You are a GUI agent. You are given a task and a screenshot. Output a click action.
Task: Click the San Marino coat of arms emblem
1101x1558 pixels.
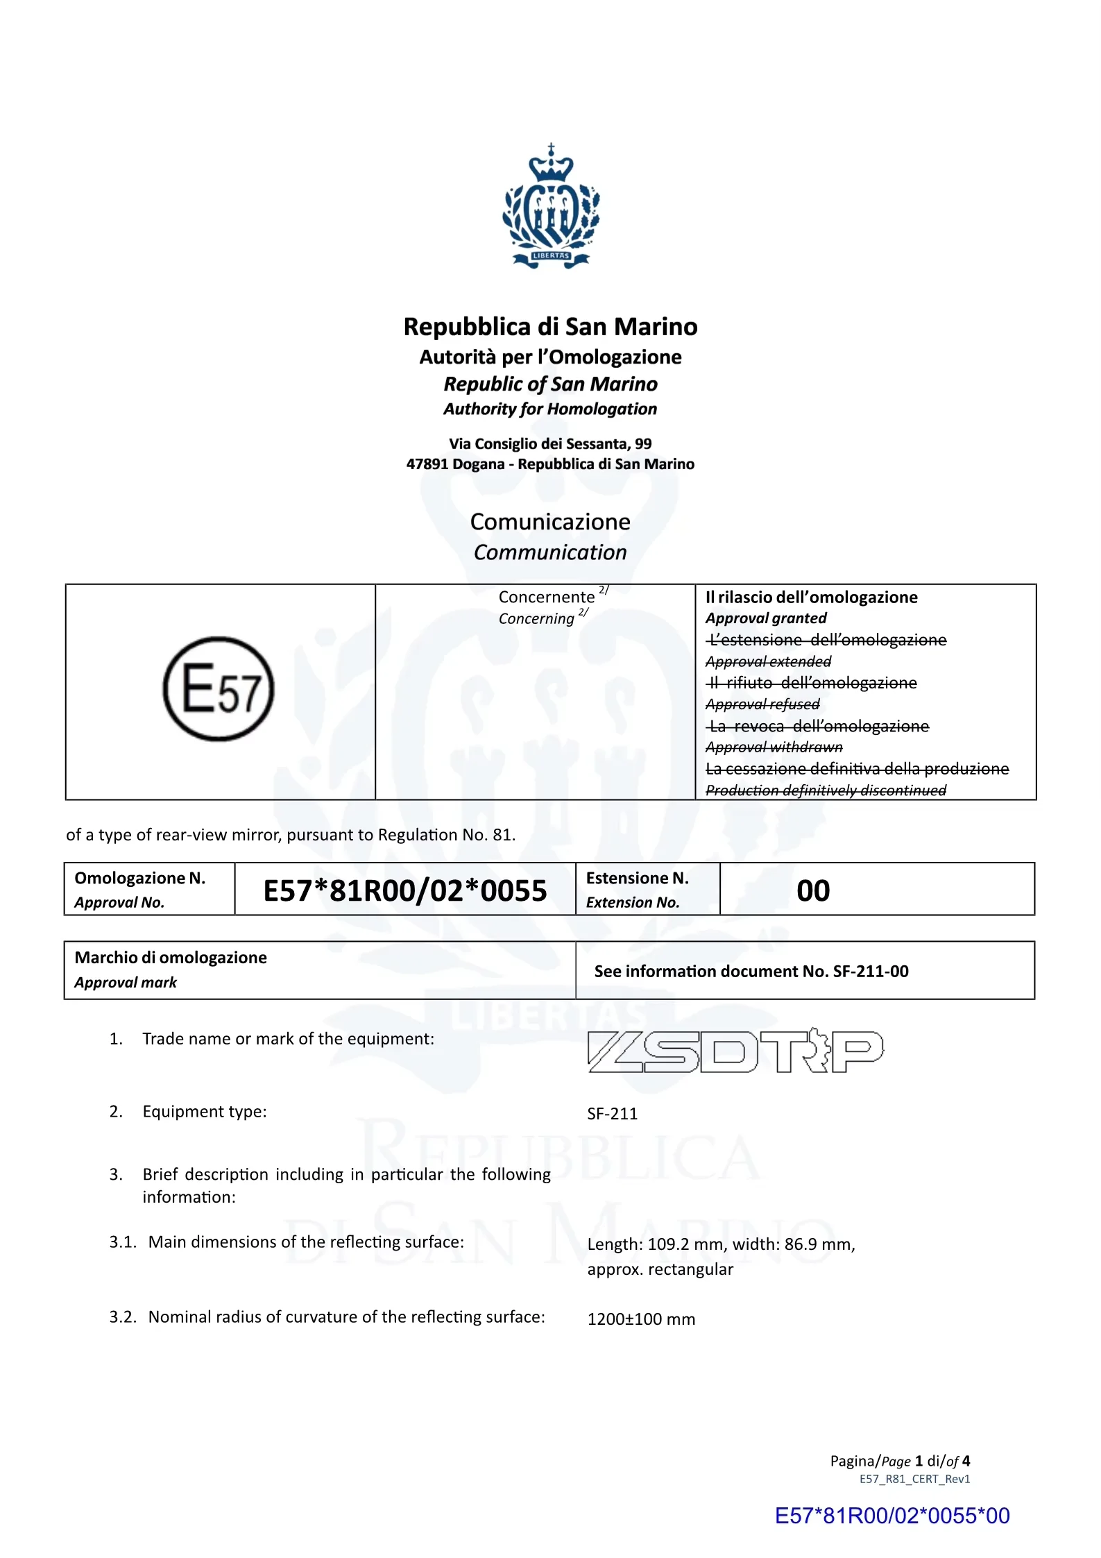pos(551,206)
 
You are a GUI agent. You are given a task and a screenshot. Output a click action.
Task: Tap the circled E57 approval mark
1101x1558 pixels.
pos(219,688)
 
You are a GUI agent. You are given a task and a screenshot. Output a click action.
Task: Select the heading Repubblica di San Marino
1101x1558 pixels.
pos(550,326)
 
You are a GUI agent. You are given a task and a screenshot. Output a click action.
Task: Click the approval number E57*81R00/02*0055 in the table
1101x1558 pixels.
pos(405,890)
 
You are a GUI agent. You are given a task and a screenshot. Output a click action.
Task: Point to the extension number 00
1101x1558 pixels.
pos(813,890)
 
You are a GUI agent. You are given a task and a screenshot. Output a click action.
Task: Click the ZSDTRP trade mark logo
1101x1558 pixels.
pos(735,1051)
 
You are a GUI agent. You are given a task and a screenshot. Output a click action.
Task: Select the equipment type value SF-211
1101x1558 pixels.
pos(612,1114)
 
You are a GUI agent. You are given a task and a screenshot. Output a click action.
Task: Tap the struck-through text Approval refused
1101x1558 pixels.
pos(762,704)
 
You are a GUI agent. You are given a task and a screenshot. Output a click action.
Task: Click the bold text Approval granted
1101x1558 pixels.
pos(766,618)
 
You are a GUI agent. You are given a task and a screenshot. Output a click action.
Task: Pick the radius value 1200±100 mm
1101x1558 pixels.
pos(641,1319)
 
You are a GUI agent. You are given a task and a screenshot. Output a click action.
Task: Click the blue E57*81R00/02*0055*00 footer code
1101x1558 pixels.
pos(892,1516)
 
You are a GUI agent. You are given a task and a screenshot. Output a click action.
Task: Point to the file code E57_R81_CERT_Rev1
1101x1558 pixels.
pos(914,1479)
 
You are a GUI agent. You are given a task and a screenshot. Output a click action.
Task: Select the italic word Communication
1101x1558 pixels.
pos(550,552)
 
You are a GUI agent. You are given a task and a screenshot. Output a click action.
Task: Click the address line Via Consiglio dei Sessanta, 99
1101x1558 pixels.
pos(550,443)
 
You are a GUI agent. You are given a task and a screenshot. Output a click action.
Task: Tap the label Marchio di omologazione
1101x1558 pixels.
pos(171,958)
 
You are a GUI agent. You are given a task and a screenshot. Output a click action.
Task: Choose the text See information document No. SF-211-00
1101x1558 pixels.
pos(751,971)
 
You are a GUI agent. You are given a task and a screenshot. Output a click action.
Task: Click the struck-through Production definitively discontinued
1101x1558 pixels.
pos(826,790)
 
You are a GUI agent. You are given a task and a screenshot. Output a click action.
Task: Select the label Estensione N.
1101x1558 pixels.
pos(637,879)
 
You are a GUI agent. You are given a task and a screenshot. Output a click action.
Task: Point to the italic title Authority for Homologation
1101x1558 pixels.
pos(550,409)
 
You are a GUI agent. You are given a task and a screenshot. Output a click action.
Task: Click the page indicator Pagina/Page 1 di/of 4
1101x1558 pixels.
pos(900,1461)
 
